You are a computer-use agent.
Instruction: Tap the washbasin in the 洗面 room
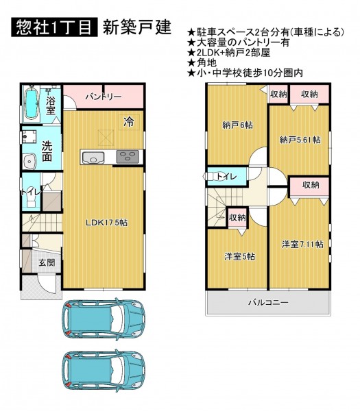pos(29,160)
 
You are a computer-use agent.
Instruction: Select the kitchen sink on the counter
pos(93,157)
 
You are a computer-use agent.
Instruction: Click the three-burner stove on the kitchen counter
pos(128,156)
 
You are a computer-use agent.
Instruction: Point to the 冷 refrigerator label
pos(129,122)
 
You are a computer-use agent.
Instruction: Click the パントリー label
pos(104,97)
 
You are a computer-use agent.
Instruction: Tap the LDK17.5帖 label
pos(107,223)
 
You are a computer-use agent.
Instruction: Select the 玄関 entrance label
pos(47,262)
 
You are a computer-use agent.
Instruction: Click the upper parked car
pos(103,318)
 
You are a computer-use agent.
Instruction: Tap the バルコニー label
pos(268,303)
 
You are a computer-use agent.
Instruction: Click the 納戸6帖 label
pos(237,125)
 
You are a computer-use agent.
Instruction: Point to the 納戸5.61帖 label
pos(300,140)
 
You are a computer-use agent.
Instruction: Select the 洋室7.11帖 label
pos(302,245)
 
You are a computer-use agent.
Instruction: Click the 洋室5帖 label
pos(239,256)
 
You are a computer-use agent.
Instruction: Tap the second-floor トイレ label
pos(226,177)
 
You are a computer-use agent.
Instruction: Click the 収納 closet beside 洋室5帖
pos(237,218)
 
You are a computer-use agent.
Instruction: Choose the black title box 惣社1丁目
pos(55,27)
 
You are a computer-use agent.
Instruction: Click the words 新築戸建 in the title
pos(137,27)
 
